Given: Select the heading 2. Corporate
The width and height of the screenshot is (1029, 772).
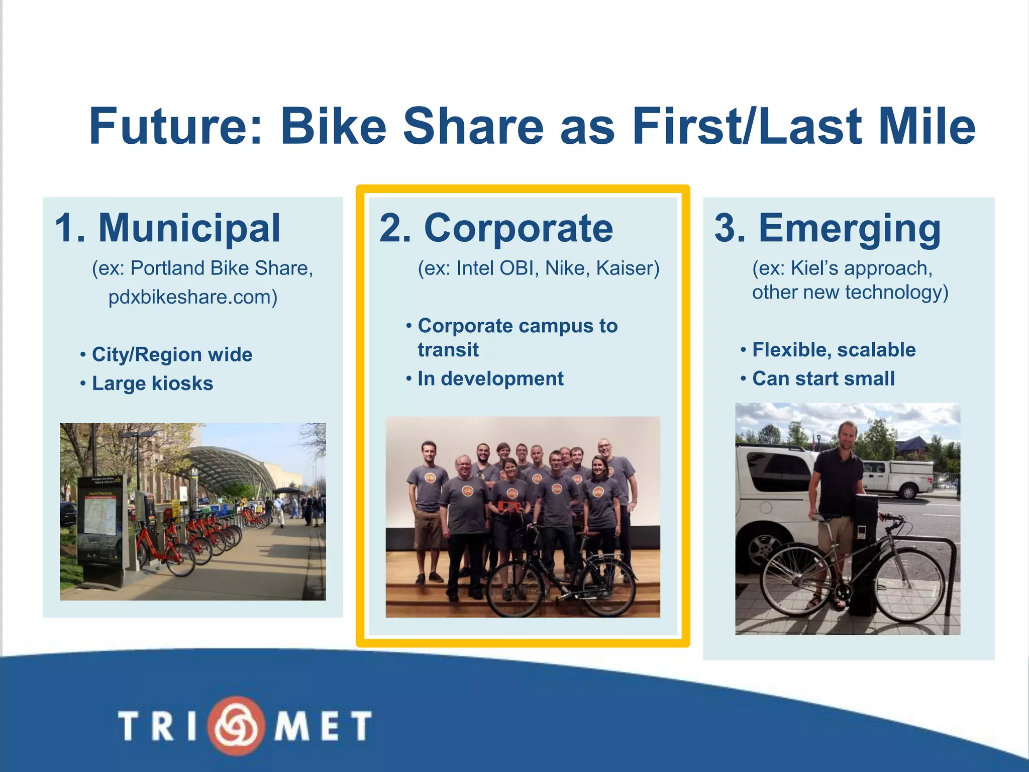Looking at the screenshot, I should [496, 229].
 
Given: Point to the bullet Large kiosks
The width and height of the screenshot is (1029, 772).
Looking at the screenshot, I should [152, 383].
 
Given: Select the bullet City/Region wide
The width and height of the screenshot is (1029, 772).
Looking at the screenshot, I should [171, 355].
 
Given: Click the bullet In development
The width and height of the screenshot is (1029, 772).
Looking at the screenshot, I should [490, 379].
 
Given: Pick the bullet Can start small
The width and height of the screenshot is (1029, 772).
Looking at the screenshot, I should [823, 379].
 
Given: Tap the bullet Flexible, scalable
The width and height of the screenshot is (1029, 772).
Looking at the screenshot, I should [834, 350].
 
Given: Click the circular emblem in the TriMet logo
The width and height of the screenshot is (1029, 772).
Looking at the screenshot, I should [237, 725].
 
